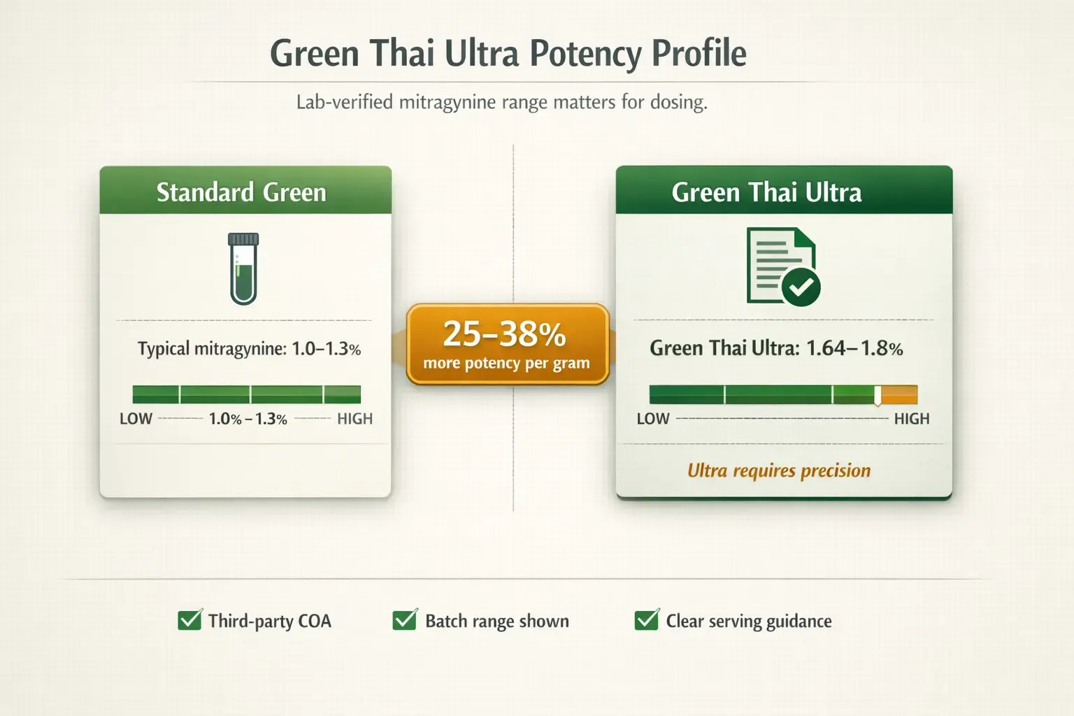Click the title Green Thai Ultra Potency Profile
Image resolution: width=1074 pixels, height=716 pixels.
[x=508, y=54]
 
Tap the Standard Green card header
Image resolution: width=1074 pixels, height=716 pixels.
[x=245, y=192]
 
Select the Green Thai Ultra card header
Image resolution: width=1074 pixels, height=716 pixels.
[x=783, y=192]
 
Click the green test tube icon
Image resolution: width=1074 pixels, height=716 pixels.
[x=243, y=269]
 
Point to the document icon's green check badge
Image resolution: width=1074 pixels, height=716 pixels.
[x=801, y=286]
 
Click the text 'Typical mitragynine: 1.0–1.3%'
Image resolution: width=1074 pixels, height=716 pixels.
[x=249, y=349]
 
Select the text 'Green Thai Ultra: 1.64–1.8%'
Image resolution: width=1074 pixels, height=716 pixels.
[x=776, y=348]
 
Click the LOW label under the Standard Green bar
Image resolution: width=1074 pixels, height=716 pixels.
[x=136, y=419]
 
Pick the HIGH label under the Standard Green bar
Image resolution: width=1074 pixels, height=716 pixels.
[x=355, y=419]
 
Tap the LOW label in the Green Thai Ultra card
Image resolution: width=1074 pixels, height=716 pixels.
[x=652, y=419]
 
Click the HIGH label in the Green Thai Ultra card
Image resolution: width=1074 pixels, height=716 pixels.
[x=912, y=419]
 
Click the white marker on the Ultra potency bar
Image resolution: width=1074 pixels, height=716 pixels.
[x=878, y=396]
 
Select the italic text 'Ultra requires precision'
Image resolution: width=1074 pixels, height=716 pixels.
[x=779, y=471]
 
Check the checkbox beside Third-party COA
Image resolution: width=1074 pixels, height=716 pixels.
[x=189, y=620]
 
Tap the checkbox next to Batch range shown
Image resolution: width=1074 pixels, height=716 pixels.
[x=404, y=620]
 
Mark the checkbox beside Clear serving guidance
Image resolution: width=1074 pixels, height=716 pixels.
[x=646, y=620]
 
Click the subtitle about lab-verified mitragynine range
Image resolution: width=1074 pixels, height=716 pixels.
[x=501, y=102]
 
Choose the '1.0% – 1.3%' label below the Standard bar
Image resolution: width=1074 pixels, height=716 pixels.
[x=248, y=419]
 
